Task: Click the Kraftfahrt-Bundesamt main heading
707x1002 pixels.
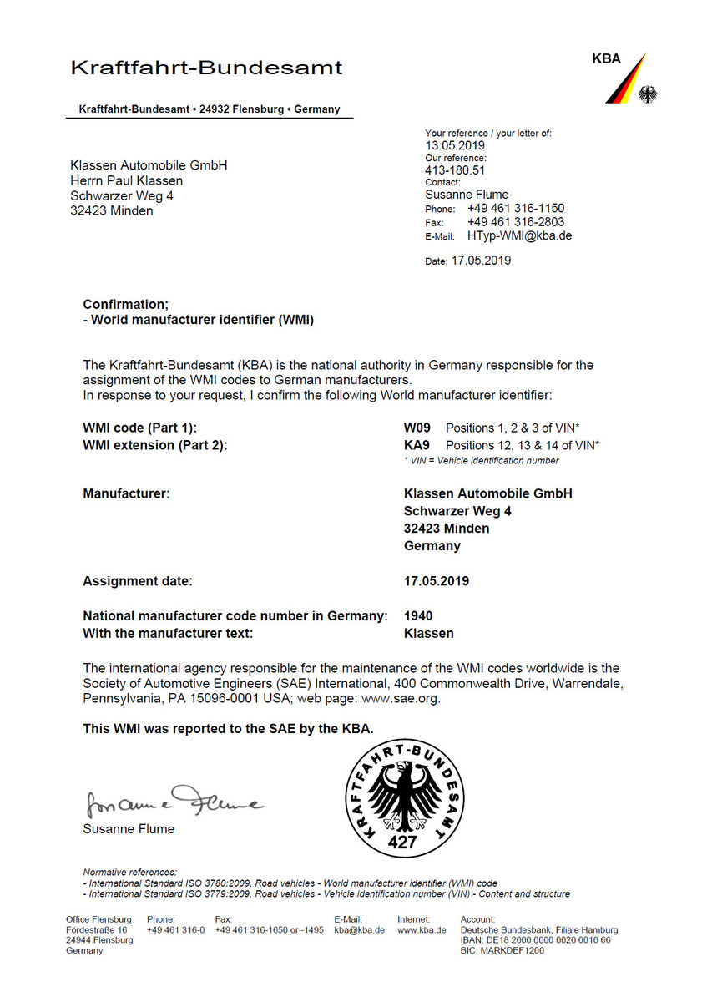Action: [206, 68]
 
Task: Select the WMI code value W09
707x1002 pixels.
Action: [417, 428]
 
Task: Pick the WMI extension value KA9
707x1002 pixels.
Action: [417, 445]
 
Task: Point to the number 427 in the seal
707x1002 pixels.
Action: [401, 843]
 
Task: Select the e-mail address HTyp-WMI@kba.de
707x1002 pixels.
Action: [519, 236]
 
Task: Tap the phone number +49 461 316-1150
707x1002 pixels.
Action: [515, 209]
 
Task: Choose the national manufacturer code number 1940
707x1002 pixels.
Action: [418, 616]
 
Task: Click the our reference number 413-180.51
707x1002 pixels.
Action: [455, 170]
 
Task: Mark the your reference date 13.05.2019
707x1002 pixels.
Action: [455, 145]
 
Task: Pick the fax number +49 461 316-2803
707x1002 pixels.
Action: [515, 222]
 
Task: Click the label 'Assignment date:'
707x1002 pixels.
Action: [138, 581]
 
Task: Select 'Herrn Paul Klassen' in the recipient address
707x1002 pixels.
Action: [126, 180]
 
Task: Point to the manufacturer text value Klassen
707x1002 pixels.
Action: [428, 634]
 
